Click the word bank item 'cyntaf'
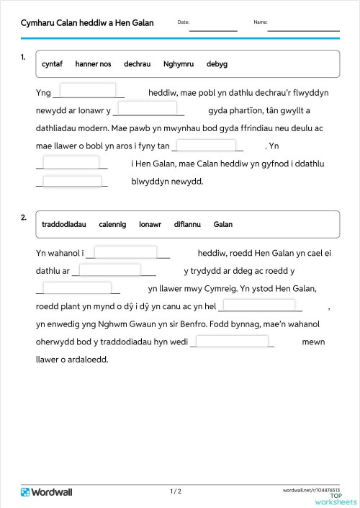point(53,64)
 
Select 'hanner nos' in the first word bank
point(93,64)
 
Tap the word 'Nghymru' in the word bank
point(179,64)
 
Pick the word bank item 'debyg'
point(217,64)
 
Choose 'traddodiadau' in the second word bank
point(64,224)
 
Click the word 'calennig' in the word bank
point(112,224)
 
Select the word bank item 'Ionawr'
point(150,224)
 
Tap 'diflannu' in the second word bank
point(187,224)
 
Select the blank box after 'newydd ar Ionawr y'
point(146,109)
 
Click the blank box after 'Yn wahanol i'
point(126,252)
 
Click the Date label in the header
point(183,22)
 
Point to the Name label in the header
point(261,22)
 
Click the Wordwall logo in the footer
point(47,492)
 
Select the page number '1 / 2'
point(176,491)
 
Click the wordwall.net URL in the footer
point(312,489)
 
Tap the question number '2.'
point(24,217)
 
